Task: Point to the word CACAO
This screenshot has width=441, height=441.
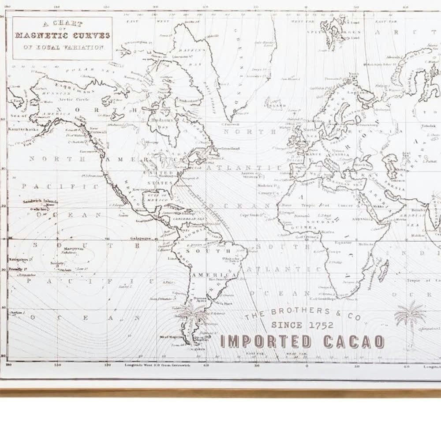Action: [354, 342]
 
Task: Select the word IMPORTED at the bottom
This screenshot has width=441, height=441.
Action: [266, 342]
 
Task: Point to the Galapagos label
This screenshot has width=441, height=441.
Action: [141, 238]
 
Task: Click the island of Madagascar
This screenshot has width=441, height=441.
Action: [383, 270]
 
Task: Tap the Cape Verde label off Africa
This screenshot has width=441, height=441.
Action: [248, 215]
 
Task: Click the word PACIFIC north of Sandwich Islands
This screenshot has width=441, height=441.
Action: [60, 186]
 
